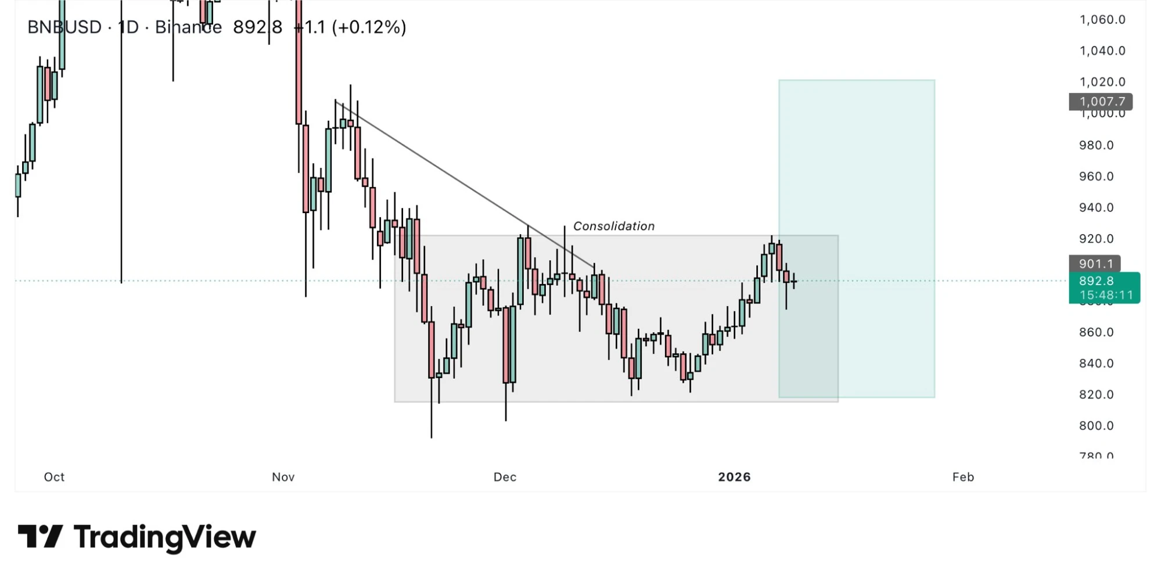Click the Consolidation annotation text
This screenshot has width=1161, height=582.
pyautogui.click(x=613, y=226)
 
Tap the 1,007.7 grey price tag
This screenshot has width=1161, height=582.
pyautogui.click(x=1100, y=102)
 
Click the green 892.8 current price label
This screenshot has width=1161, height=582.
pyautogui.click(x=1104, y=282)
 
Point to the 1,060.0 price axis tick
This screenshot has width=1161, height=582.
pyautogui.click(x=1102, y=20)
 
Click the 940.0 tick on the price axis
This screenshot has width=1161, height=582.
pyautogui.click(x=1096, y=207)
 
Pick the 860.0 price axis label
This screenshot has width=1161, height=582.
pyautogui.click(x=1096, y=332)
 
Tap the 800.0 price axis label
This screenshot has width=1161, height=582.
pyautogui.click(x=1096, y=426)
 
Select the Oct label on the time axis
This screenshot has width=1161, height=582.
pyautogui.click(x=54, y=477)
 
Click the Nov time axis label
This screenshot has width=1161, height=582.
pyautogui.click(x=283, y=477)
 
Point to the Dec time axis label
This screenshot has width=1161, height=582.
pyautogui.click(x=505, y=477)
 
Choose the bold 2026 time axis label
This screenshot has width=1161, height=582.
pyautogui.click(x=734, y=477)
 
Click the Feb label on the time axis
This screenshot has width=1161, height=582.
pyautogui.click(x=962, y=477)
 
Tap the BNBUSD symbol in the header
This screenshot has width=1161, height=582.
pyautogui.click(x=64, y=27)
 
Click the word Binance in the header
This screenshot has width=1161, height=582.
pyautogui.click(x=188, y=27)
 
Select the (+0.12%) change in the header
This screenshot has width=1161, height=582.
pyautogui.click(x=369, y=27)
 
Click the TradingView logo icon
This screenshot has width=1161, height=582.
pyautogui.click(x=40, y=536)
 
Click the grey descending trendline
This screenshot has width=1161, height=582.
pyautogui.click(x=465, y=186)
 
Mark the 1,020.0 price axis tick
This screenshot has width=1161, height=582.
pyautogui.click(x=1102, y=82)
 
